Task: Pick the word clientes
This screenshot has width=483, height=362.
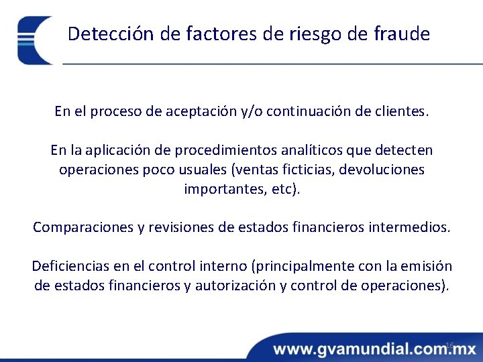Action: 400,111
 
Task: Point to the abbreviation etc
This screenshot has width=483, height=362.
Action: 282,189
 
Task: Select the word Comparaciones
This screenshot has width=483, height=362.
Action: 83,227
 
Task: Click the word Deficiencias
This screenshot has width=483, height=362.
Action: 72,266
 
